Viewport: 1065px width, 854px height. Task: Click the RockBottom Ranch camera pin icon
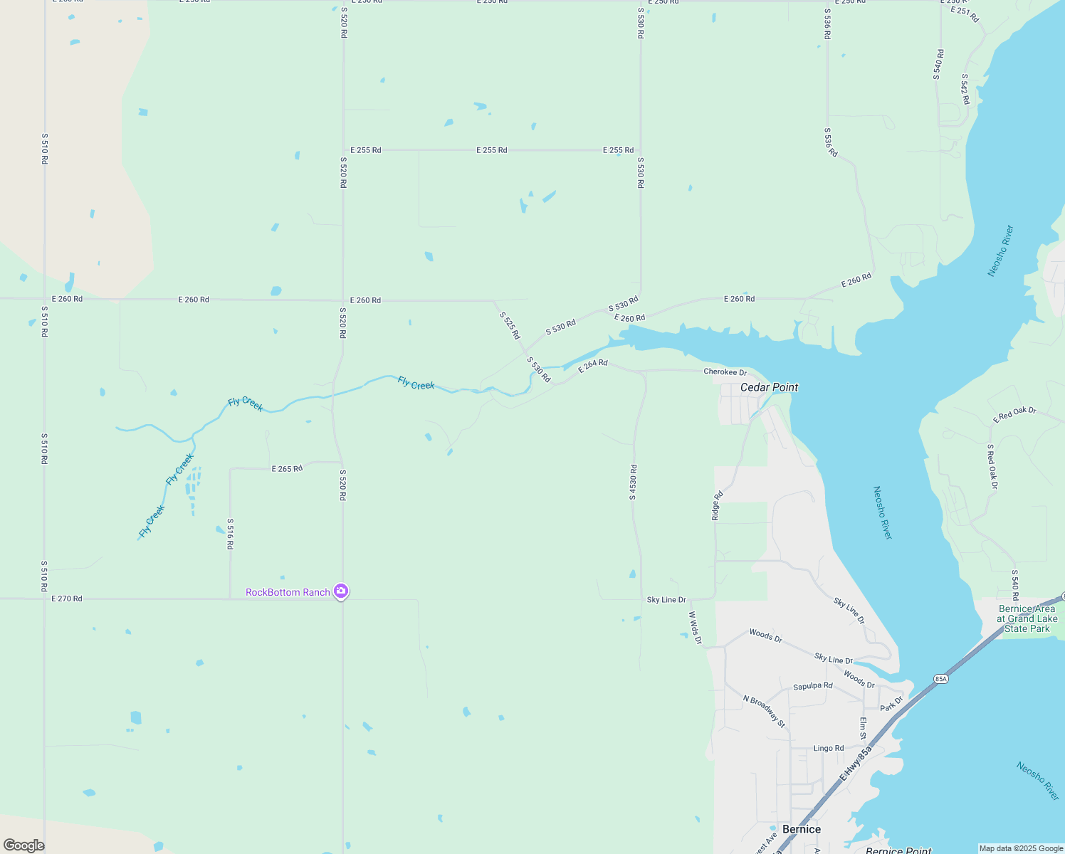pos(341,591)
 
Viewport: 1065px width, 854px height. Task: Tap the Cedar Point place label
pos(769,387)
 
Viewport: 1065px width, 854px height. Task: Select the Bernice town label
pos(801,829)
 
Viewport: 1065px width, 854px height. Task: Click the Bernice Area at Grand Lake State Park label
pos(1027,618)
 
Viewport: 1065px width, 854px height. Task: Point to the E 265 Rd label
pos(287,468)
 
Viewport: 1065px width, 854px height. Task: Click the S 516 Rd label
pos(230,534)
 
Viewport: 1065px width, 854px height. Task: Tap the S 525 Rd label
pos(510,325)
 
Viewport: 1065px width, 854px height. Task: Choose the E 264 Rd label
pos(592,366)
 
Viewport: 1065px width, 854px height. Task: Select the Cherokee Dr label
pos(725,372)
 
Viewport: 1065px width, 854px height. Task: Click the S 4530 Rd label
pos(633,483)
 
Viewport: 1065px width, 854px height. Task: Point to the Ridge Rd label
pos(718,505)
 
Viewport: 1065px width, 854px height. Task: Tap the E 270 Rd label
pos(67,599)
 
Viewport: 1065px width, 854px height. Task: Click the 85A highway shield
pos(941,679)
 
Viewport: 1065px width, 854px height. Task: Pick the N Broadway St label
pos(764,711)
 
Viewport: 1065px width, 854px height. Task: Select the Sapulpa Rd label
pos(812,686)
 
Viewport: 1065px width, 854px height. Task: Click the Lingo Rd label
pos(828,748)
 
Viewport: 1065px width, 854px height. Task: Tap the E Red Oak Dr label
pos(1014,414)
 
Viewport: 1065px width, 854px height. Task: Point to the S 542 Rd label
pos(965,89)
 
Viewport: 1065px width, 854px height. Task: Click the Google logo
pos(24,845)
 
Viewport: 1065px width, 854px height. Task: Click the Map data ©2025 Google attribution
pos(1021,848)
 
